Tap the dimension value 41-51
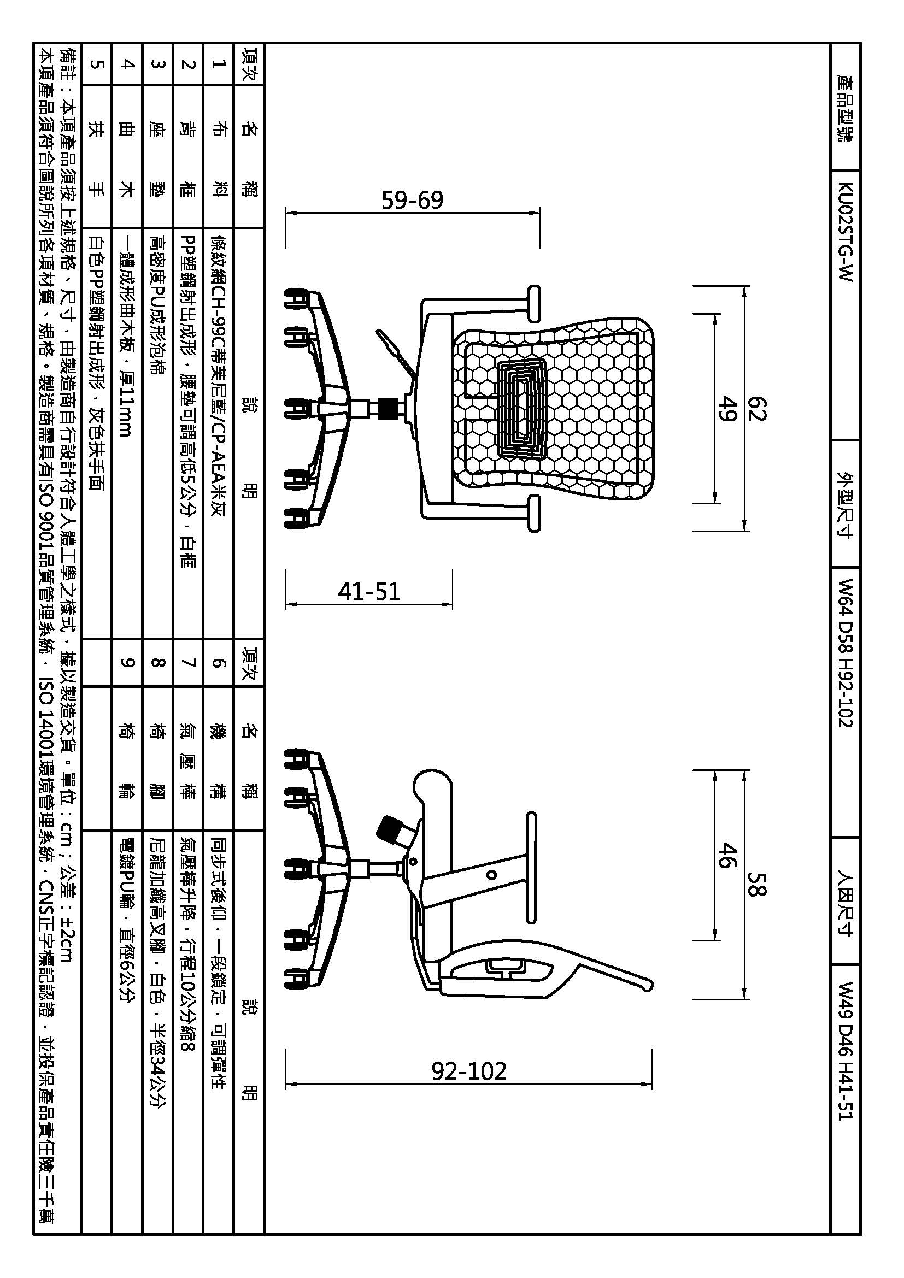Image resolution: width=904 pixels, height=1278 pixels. point(369,591)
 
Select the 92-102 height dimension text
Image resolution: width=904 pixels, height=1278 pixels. point(469,1070)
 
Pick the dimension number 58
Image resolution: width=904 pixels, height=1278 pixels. point(756,884)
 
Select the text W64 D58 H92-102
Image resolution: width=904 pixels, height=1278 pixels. point(845,653)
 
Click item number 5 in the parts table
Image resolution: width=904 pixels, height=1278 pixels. point(96,64)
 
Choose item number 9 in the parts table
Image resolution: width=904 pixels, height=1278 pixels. point(127,662)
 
